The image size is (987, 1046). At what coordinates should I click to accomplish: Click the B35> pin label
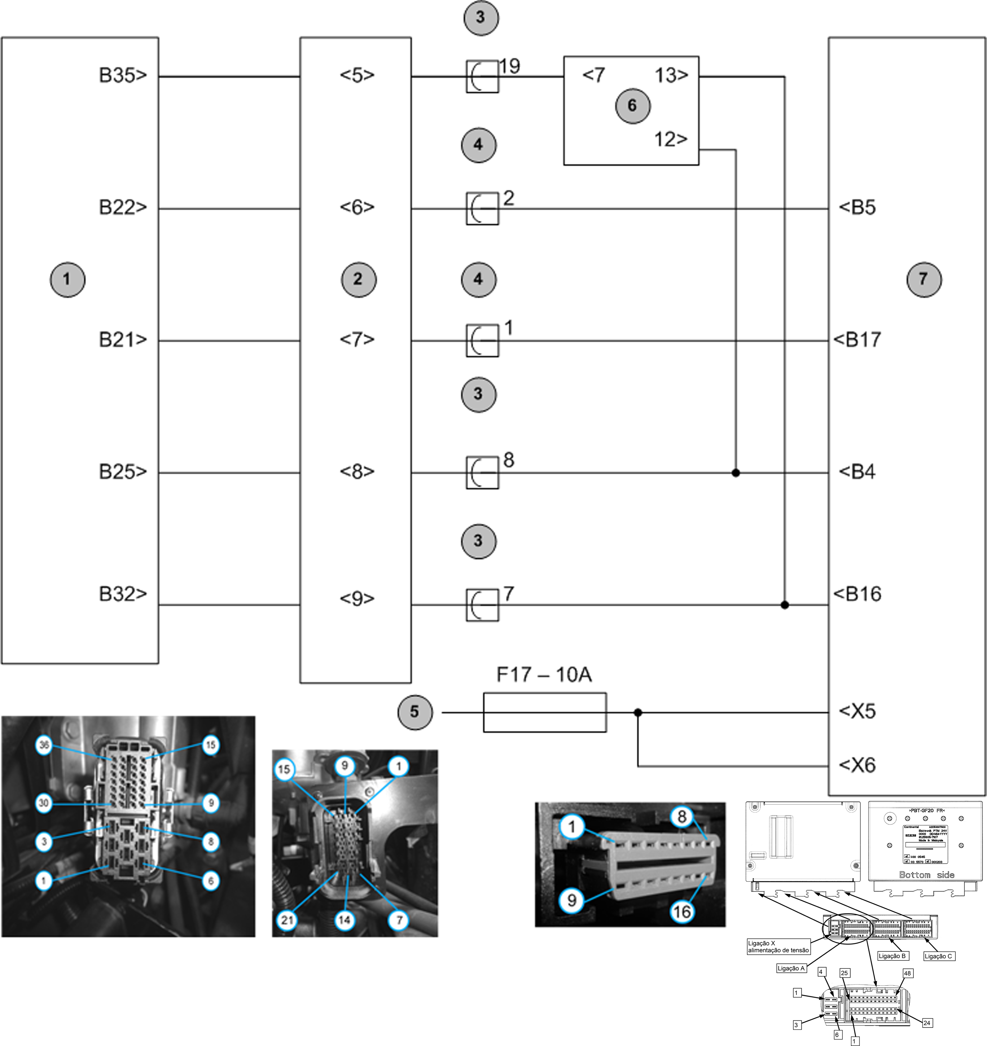tap(123, 75)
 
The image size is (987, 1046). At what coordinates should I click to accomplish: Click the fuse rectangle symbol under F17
tap(545, 712)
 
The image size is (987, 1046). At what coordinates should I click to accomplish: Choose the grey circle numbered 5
tap(415, 712)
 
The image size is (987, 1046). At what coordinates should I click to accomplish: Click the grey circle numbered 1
tap(67, 279)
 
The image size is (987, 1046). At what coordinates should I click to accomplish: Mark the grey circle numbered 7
tap(924, 279)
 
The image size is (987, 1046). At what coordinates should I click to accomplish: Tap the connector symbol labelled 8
tap(482, 473)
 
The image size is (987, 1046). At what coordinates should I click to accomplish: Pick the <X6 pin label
tap(857, 765)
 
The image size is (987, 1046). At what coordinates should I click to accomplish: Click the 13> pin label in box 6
tap(671, 75)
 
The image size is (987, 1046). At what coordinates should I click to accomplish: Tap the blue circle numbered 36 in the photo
tap(44, 745)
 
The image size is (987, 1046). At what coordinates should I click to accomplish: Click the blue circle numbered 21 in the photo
tap(287, 920)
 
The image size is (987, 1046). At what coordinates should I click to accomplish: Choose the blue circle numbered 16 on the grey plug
tap(682, 912)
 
